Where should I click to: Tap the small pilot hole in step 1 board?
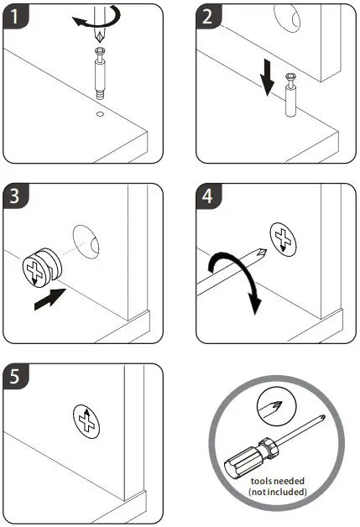click(x=100, y=113)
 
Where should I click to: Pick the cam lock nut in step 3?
click(x=42, y=267)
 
